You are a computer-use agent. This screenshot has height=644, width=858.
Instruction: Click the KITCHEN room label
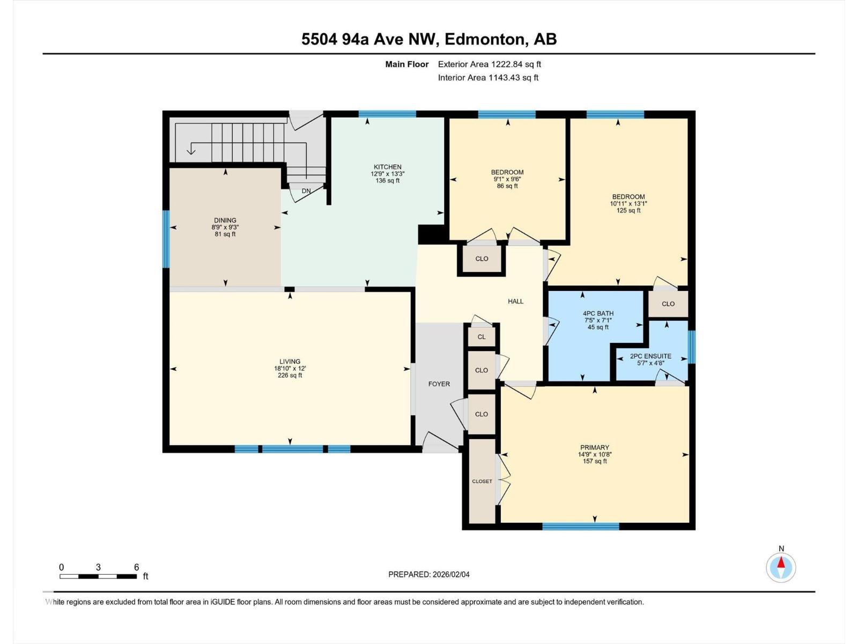click(387, 167)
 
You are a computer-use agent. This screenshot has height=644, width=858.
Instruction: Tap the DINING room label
click(225, 220)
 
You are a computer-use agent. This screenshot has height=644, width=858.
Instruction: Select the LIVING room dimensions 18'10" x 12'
click(290, 369)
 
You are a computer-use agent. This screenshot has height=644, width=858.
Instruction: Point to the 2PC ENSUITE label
click(650, 356)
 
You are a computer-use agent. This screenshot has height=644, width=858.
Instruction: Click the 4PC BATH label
click(598, 313)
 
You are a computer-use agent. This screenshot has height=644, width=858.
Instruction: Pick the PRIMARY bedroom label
click(594, 448)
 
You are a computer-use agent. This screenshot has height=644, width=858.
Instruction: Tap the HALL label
click(515, 302)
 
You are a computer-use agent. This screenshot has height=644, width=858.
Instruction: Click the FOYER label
click(439, 384)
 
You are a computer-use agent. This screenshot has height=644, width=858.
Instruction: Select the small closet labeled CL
click(482, 337)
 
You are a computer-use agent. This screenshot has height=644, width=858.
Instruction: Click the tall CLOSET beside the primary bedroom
click(482, 481)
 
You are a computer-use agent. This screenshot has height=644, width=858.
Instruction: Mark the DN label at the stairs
click(306, 191)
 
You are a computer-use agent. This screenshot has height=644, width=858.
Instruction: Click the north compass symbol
click(781, 567)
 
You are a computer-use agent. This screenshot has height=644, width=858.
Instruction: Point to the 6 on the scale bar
click(136, 567)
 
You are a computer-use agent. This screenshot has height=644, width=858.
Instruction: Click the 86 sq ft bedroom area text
click(507, 186)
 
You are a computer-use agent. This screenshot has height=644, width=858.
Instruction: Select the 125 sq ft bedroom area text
click(628, 210)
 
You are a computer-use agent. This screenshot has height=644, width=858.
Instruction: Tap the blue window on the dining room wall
click(166, 239)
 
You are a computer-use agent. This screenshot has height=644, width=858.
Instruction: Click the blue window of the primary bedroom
click(580, 526)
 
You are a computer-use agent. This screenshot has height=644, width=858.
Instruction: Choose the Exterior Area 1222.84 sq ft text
click(489, 64)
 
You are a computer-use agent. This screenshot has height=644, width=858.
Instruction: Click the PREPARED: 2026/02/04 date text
click(428, 574)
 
